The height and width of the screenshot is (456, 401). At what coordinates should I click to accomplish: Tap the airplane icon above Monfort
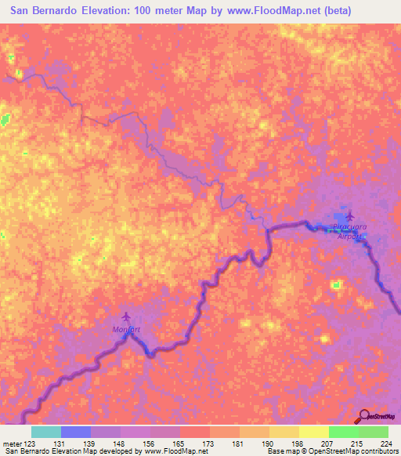point(127,317)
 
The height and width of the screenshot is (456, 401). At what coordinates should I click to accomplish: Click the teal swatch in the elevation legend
point(46,432)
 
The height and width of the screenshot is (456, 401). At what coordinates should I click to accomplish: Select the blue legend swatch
point(76,432)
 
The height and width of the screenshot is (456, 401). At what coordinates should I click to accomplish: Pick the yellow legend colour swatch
point(314,432)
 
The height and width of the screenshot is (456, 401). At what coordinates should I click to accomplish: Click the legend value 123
point(31,444)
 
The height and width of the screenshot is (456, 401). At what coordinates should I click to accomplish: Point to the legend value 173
point(209,444)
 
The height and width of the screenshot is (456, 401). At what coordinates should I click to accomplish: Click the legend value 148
point(120,444)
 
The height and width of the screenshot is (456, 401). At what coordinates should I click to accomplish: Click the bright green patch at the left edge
point(6,119)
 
